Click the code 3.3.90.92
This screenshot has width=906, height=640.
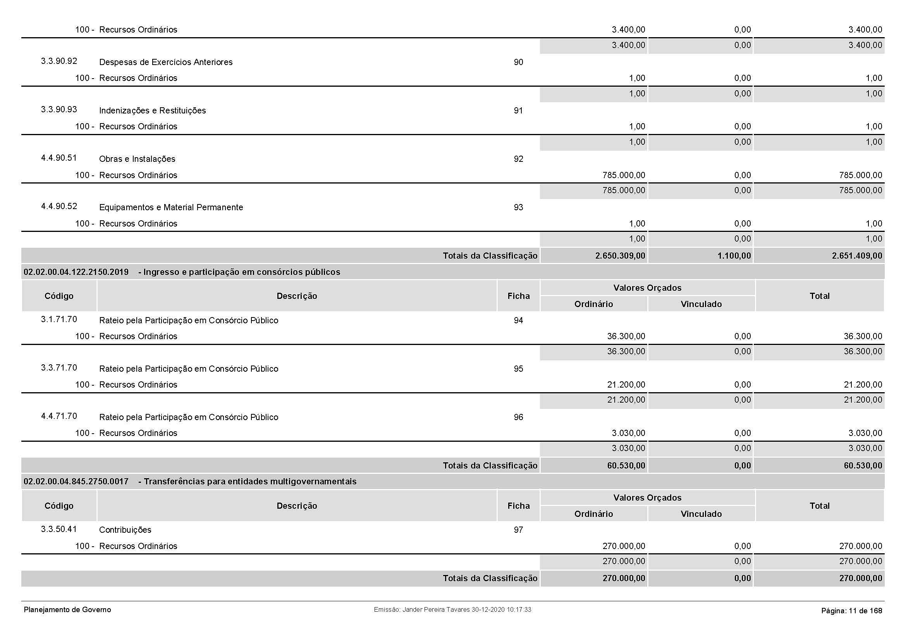point(59,61)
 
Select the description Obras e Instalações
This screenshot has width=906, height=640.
point(137,159)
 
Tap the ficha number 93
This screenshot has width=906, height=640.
point(518,208)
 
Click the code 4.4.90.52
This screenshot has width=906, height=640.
point(59,206)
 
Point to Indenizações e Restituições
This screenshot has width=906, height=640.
point(152,110)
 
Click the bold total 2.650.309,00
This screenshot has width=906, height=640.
point(620,256)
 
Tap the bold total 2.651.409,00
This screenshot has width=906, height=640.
point(857,256)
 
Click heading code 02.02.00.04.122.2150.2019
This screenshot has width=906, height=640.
point(76,272)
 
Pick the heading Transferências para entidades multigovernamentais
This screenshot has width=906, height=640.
point(250,482)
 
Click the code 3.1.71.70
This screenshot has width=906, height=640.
point(59,319)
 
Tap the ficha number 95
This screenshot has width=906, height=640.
point(518,369)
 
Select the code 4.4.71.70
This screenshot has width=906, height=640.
point(59,416)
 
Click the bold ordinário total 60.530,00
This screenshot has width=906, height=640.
point(626,466)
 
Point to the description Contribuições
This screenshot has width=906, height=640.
point(125,530)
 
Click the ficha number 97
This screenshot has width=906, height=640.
point(518,530)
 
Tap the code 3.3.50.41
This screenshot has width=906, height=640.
point(59,529)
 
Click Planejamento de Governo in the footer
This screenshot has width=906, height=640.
point(67,610)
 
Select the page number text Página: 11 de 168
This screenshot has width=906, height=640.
point(851,611)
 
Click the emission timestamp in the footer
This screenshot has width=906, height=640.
point(452,610)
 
